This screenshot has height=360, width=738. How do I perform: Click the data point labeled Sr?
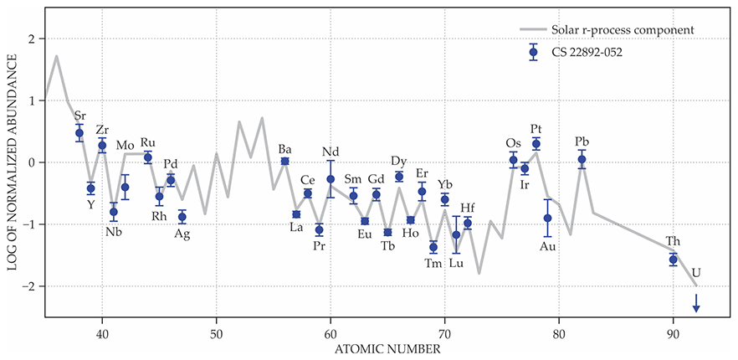79,133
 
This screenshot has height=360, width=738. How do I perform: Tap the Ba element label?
284,149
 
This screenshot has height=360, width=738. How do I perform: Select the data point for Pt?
536,144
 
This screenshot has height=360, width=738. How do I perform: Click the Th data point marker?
673,260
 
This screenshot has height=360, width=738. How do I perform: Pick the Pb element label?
582,140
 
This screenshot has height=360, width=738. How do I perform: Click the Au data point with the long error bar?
547,218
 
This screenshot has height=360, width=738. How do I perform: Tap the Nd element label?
331,152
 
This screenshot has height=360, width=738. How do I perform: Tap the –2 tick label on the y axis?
28,286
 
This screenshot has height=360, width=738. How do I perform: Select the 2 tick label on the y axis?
30,39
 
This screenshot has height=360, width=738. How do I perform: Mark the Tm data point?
433,247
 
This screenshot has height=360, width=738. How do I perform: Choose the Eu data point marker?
365,221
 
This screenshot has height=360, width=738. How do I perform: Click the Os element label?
513,142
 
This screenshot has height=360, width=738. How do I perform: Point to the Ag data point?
182,217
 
